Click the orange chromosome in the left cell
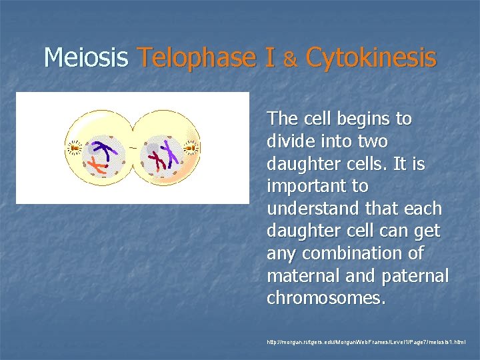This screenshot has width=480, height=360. pos(99,167)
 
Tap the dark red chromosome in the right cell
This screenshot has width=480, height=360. pos(157,158)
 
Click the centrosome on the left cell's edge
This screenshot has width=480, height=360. pos(74,148)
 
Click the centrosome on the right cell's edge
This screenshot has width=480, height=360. pos(191,147)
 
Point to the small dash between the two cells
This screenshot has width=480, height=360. pos(133,147)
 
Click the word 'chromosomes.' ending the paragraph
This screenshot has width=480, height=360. pos(325,299)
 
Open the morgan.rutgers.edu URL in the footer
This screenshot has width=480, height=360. pos(366,342)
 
